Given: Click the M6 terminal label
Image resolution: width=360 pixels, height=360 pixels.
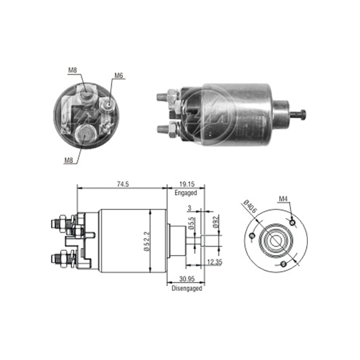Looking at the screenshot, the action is click(119, 76).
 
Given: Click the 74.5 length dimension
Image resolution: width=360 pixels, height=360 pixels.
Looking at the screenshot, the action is click(123, 184).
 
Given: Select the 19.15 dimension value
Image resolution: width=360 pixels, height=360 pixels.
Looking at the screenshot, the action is click(187, 184).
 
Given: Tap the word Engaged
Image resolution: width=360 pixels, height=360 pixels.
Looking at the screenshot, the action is click(186, 193).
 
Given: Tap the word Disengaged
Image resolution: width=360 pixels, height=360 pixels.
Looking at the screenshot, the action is click(187, 288).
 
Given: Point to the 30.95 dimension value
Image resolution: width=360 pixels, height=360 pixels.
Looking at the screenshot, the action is click(187, 279).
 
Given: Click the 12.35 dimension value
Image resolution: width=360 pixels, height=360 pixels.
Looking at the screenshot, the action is click(214, 262).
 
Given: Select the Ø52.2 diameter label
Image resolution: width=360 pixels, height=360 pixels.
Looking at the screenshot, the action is click(147, 241).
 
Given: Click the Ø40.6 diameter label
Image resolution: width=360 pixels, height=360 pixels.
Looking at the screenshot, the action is click(250, 206).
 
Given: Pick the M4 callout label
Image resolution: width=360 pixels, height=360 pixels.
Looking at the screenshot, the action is click(283, 199).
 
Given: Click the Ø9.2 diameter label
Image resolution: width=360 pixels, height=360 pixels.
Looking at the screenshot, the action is click(216, 222).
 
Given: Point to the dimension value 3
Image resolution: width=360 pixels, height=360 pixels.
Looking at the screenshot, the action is click(190, 208).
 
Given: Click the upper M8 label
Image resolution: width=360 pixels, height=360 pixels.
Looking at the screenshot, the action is click(73, 70).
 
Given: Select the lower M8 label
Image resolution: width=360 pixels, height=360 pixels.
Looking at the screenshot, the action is click(68, 160).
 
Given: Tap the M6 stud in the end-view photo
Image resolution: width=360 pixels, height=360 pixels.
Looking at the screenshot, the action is click(109, 104).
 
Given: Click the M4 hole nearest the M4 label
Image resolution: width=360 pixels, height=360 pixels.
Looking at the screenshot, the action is click(292, 222).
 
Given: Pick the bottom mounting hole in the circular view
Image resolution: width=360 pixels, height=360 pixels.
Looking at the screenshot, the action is click(284, 264).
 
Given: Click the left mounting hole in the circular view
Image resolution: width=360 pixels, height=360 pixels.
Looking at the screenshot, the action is click(252, 235).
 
